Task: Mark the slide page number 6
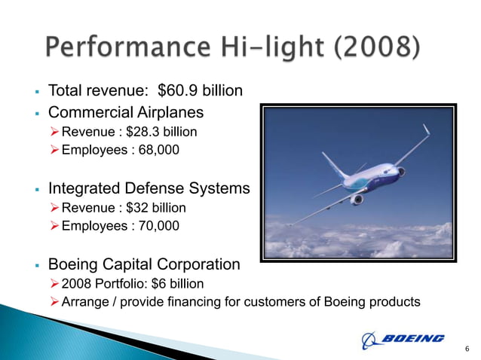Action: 467,348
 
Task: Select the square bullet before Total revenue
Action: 36,92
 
